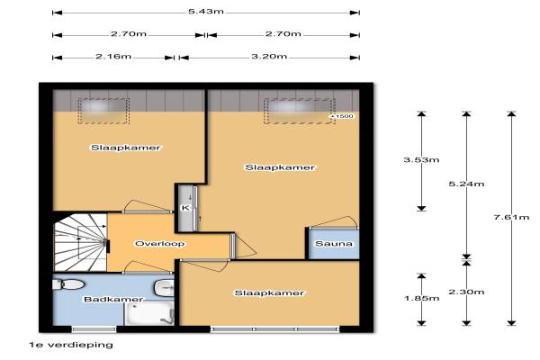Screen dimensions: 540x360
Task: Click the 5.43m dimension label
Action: tap(205, 12)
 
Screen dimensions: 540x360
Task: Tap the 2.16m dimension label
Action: tap(113, 56)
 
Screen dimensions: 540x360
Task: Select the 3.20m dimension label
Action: tap(269, 56)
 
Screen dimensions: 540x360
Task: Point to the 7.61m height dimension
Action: tap(511, 217)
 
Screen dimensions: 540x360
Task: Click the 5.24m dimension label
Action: tap(466, 184)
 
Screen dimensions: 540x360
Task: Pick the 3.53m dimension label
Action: tap(421, 160)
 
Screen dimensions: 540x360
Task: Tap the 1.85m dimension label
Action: tap(421, 298)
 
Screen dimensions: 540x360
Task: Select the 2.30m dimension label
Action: tap(466, 292)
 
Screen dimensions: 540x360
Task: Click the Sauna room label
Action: tap(334, 244)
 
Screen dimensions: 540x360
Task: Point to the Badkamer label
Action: tap(113, 299)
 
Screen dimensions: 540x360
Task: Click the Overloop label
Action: tap(160, 244)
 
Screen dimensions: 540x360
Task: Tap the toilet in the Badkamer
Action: tap(68, 284)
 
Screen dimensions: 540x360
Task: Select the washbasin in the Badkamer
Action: tap(165, 287)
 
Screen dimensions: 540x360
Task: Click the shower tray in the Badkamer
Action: tap(149, 313)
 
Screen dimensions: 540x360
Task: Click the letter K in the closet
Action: tap(185, 208)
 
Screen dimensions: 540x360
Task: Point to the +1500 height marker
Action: tap(342, 116)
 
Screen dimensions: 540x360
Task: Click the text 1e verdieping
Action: tap(71, 345)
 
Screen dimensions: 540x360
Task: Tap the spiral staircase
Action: tap(81, 242)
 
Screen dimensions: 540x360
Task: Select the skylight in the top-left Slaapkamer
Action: tap(103, 111)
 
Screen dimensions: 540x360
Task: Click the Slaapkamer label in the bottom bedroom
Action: tap(269, 292)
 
